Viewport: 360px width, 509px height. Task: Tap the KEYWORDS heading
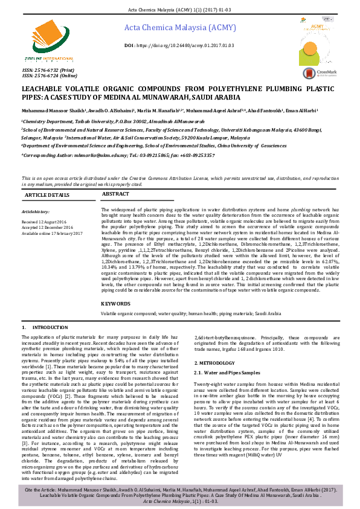pos(116,304)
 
